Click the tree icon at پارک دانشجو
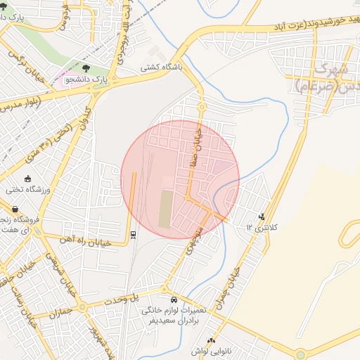point(85,69)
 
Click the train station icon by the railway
point(133,234)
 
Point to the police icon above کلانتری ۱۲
point(262,217)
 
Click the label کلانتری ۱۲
point(262,227)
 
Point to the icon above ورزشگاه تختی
point(27,179)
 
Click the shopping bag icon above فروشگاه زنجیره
point(15,209)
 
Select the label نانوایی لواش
point(210,351)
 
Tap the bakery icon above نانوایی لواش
point(210,341)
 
